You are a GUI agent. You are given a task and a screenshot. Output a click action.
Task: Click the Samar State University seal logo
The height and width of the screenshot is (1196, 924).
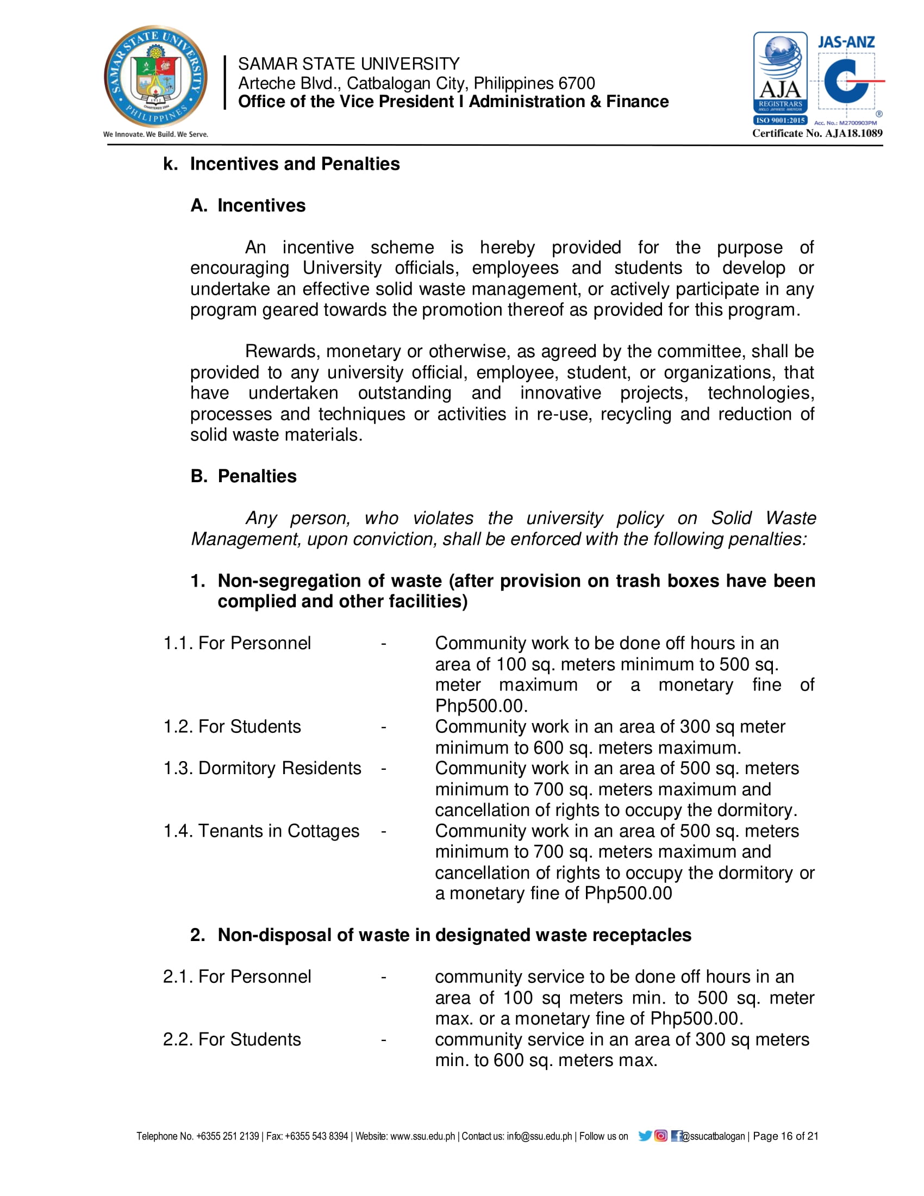155,77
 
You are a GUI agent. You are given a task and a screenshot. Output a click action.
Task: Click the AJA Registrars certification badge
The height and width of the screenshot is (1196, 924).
780,78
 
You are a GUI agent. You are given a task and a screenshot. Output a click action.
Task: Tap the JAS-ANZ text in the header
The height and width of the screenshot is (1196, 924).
846,42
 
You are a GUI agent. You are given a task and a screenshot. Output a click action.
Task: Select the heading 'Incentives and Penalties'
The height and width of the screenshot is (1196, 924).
295,164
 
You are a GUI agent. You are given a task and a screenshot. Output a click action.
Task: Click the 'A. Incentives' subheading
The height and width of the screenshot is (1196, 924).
248,205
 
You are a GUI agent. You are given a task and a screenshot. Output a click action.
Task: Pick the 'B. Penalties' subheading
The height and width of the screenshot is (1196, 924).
244,476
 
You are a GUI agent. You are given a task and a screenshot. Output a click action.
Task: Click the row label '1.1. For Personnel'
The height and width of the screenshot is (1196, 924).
237,643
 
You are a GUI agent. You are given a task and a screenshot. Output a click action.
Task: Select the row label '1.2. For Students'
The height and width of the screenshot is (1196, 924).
232,726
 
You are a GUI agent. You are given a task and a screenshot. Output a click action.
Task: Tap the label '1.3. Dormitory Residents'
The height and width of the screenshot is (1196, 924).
262,768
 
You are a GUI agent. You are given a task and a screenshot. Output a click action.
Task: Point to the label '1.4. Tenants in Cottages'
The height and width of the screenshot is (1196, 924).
261,831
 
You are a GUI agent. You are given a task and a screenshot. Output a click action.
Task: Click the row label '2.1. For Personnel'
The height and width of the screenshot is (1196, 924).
237,976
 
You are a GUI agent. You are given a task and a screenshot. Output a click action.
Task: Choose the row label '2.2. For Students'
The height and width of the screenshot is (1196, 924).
232,1039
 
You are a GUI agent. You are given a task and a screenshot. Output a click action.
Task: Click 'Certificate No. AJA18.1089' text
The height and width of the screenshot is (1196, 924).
817,133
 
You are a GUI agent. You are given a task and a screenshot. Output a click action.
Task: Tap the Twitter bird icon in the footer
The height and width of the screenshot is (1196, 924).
645,1136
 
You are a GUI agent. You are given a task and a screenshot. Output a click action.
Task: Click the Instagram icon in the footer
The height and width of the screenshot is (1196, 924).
661,1136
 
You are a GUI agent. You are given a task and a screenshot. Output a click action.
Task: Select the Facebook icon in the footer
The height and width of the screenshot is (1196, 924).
676,1136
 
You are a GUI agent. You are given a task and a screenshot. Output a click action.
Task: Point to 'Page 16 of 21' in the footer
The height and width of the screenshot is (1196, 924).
785,1136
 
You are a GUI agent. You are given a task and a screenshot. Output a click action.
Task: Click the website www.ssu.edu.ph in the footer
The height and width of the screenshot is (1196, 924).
422,1136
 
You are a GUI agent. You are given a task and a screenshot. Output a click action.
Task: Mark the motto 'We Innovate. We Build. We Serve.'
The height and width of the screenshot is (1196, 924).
155,134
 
